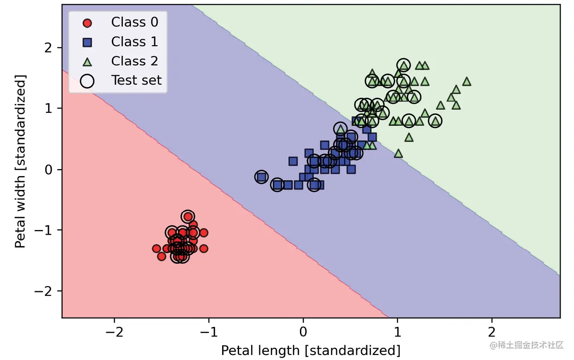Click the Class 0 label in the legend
[135, 22]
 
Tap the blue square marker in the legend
[87, 42]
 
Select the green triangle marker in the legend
[87, 61]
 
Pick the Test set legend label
[136, 80]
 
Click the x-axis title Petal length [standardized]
[310, 350]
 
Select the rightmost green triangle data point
[467, 82]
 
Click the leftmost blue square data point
[262, 177]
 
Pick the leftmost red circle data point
[157, 248]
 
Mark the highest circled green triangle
[404, 65]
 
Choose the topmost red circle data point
[187, 217]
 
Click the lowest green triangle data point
[398, 153]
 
